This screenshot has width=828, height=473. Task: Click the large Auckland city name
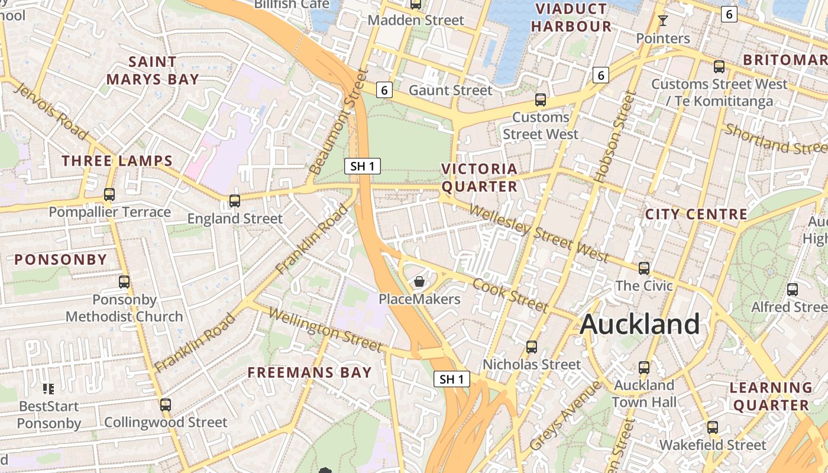coord(640,325)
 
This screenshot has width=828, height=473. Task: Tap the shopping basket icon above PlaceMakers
coord(419,281)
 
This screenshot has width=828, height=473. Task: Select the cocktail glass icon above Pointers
coord(663,21)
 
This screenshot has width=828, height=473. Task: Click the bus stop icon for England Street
coord(235,201)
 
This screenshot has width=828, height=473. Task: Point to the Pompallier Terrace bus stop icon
coord(109,194)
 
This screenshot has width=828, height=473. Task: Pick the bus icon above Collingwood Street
coord(166,405)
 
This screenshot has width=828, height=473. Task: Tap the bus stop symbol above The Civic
coord(644,268)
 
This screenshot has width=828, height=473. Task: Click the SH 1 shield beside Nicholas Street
coord(452,379)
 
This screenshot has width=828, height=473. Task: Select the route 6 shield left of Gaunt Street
coord(384,90)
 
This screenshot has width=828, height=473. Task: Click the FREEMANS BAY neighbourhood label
coord(309,372)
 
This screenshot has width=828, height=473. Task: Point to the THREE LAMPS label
coord(117,161)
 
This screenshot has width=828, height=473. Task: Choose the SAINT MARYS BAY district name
coord(153,70)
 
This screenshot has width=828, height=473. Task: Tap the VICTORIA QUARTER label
coord(480,178)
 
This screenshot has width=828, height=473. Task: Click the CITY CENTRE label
coord(696,214)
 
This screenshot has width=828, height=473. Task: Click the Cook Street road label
coord(510,294)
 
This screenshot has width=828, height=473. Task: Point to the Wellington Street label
coord(325,329)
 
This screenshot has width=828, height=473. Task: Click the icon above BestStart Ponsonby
coord(48,388)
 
